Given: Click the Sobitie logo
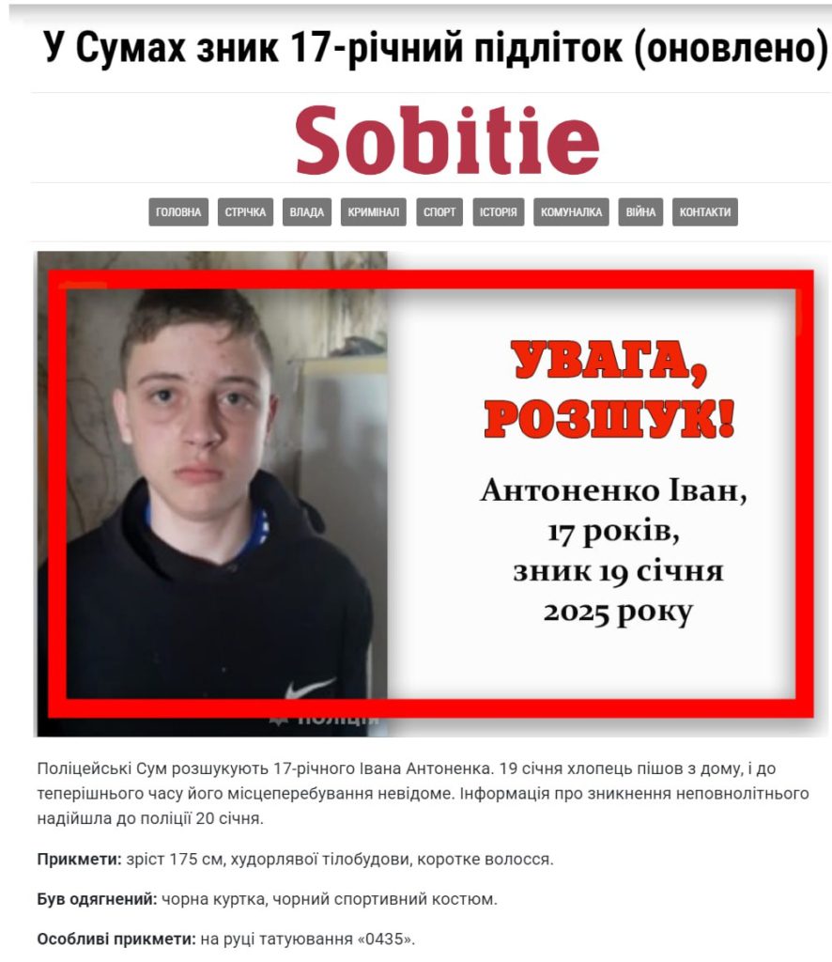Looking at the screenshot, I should point(447,139).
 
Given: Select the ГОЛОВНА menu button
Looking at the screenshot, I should point(178,212).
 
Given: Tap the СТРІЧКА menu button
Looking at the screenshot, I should point(246,212).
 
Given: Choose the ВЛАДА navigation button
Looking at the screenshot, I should point(307,212).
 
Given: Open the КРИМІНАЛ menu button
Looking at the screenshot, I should point(373,212).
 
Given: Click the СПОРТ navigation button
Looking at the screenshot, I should point(439,212).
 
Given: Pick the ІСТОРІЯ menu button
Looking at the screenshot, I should point(499,212).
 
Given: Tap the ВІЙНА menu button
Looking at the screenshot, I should point(641,212).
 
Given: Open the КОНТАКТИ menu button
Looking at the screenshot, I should point(705,212).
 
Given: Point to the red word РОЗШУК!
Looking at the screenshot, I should point(609,419).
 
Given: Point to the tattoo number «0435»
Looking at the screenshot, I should point(387,939).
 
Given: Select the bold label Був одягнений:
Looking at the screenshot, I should point(97,899).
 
